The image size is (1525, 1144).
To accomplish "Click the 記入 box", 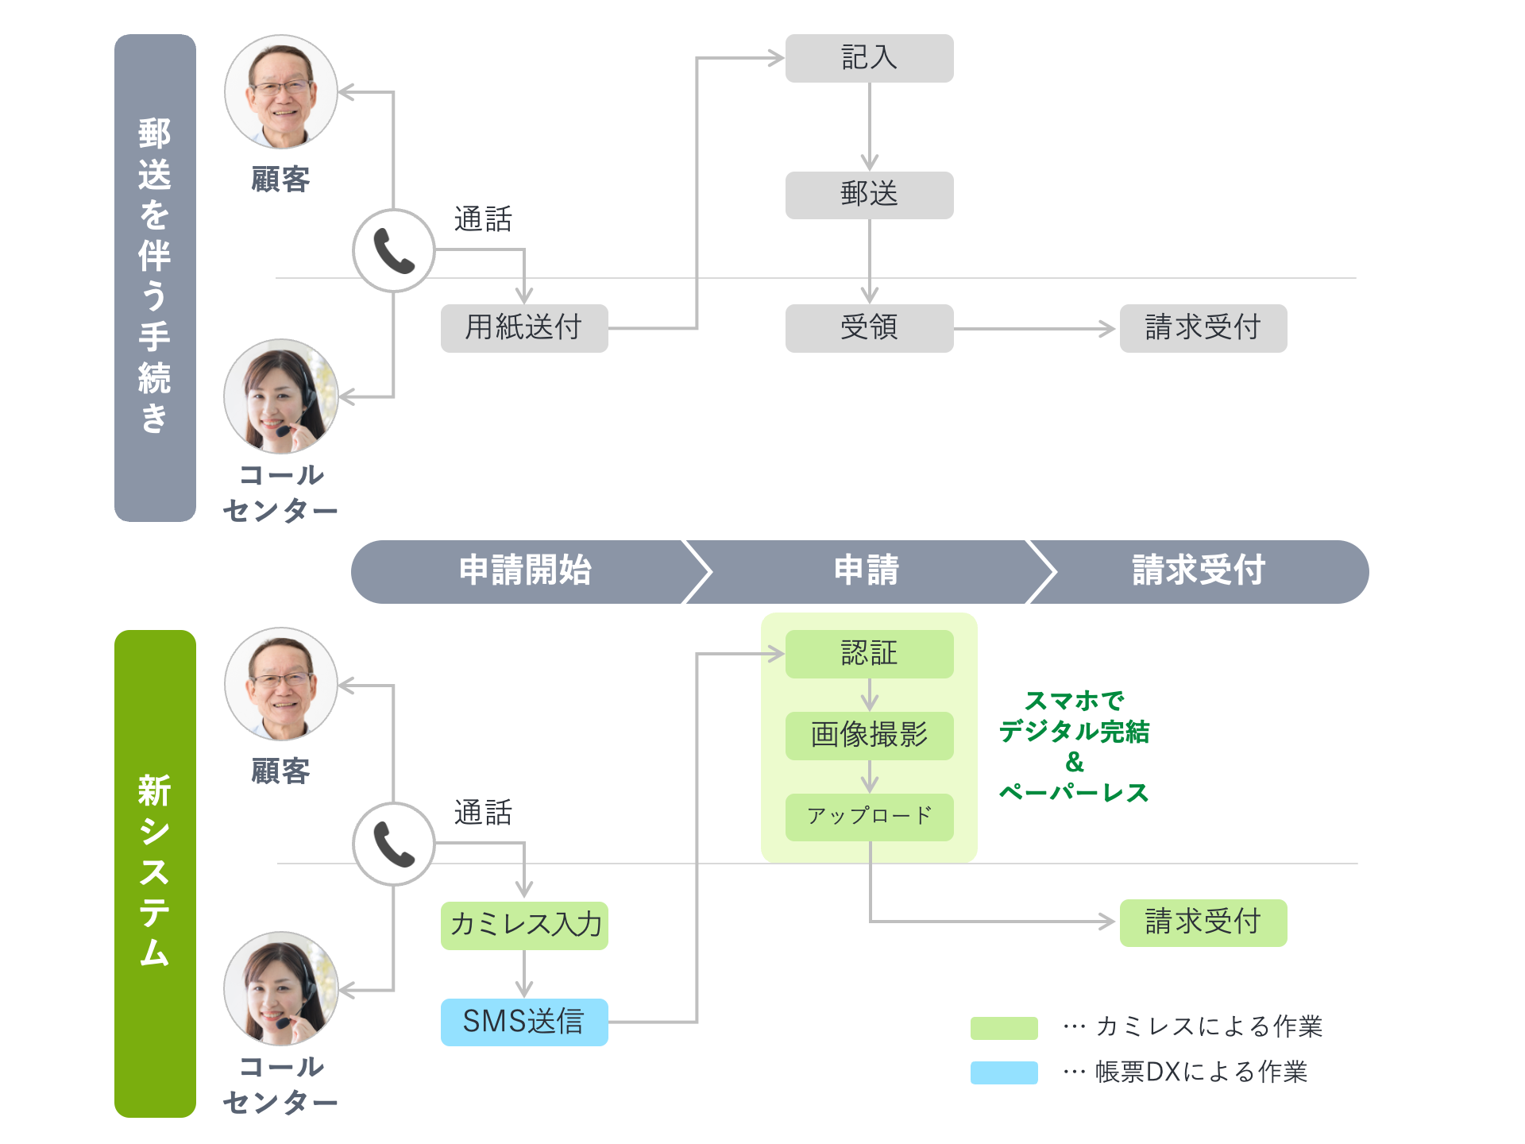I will coord(869,58).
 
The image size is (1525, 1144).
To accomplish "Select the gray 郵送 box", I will coord(869,195).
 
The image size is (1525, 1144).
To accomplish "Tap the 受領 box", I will coord(869,327).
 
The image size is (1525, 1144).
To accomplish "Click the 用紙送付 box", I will coord(524,327).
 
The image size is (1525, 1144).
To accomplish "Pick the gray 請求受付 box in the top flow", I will coord(1203,327).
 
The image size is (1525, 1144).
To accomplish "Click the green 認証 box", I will coord(869,654).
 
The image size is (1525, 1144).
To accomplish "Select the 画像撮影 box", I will coord(869,736).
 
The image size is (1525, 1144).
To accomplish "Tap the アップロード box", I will coord(869,817).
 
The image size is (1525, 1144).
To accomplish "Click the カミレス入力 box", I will coord(524,925).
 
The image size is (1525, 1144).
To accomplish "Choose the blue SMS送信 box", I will coord(524,1022).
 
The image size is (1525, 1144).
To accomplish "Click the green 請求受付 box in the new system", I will coord(1203,922).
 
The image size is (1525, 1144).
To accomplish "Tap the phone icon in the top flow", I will coord(394,251).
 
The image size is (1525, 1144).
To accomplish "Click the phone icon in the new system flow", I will coord(394,844).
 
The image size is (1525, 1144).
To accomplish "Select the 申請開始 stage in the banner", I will coord(525,571).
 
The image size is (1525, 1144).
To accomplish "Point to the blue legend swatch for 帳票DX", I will coord(1004,1072).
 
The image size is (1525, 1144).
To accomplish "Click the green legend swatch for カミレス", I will coord(1004,1027).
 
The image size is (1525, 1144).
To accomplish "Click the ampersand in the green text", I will coord(1074,762).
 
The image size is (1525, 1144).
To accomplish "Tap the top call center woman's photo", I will coord(281,396).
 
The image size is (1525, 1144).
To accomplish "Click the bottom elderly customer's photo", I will coord(281,684).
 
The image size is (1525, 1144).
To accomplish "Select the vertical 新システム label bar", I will coord(155,873).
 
